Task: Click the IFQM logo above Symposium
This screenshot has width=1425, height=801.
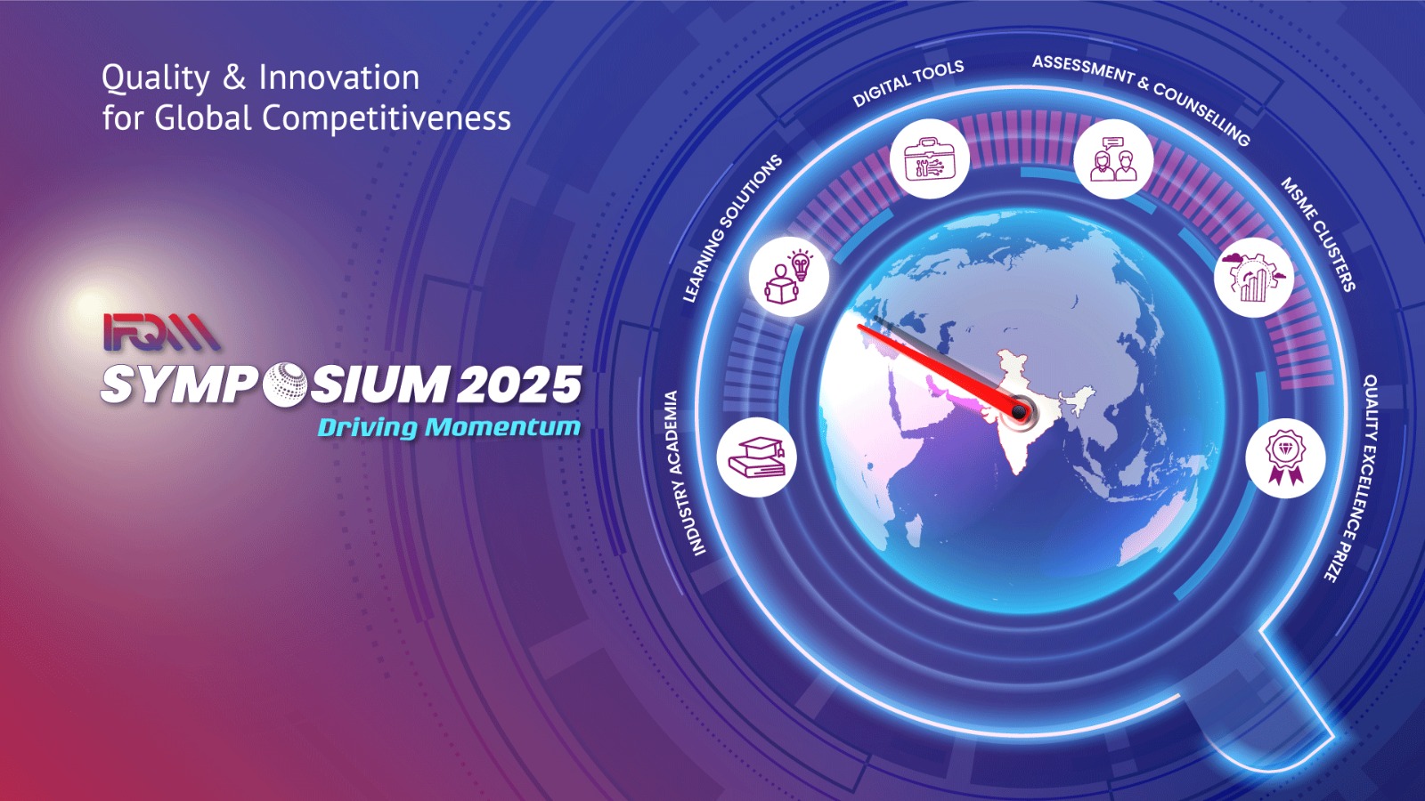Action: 161,332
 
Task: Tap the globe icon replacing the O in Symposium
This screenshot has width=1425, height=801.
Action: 286,384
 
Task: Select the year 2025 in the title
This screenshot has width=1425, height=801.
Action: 520,385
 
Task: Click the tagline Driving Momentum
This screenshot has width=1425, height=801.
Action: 449,427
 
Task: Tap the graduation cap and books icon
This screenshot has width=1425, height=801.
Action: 756,457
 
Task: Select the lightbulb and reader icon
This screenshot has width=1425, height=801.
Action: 788,277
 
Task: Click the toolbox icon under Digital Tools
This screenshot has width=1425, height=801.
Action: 929,159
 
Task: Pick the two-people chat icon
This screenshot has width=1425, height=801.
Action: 1113,159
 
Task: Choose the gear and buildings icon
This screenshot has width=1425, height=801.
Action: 1254,277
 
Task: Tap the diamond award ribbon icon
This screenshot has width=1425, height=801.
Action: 1285,457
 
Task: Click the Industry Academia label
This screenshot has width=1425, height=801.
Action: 683,473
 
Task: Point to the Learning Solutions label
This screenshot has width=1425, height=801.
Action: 731,228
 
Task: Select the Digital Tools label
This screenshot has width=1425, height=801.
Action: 908,84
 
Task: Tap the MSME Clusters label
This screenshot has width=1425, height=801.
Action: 1319,234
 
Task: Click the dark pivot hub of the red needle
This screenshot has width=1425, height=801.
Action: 1019,411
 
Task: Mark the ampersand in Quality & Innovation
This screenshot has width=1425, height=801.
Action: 234,78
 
